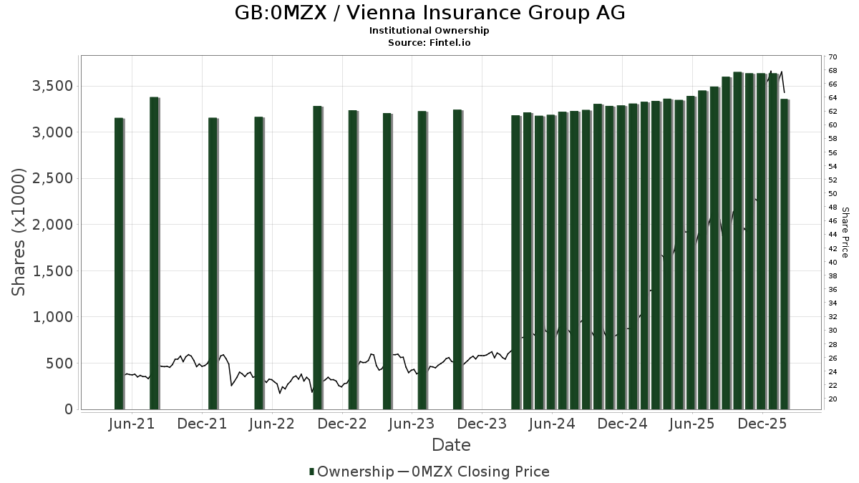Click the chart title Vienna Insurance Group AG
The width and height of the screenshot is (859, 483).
[x=429, y=13]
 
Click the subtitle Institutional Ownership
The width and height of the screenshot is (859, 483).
[x=429, y=31]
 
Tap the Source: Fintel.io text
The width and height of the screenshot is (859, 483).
[x=429, y=43]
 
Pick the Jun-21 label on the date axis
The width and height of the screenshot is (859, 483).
[x=132, y=424]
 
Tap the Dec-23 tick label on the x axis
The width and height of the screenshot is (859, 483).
[x=483, y=424]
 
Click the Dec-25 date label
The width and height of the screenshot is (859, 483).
[x=763, y=424]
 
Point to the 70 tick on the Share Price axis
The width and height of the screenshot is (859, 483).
[x=833, y=57]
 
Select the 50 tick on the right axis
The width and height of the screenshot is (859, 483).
[x=833, y=194]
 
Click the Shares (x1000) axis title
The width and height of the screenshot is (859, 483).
[x=19, y=233]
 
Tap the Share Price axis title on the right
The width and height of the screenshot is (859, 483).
[x=845, y=233]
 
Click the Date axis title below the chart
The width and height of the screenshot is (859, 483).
[x=451, y=445]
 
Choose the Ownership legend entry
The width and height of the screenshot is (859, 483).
[x=351, y=472]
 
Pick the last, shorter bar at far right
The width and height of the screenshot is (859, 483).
[x=785, y=254]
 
